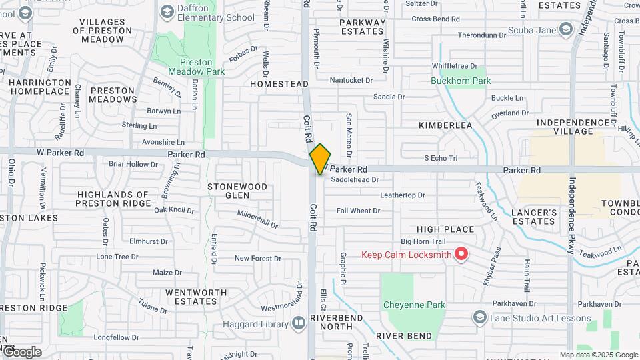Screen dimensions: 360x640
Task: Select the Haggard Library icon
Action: (299, 324)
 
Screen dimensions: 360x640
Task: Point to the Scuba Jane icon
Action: (566, 29)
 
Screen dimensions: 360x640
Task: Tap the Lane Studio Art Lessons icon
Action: (479, 318)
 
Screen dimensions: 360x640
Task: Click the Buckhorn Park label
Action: (460, 81)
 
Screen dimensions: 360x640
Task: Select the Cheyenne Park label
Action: (414, 305)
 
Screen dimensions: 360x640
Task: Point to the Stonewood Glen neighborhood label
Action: (237, 191)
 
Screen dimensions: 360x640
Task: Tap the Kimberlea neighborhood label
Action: (445, 125)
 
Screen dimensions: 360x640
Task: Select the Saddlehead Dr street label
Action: (355, 179)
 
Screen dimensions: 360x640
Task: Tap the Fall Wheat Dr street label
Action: (358, 211)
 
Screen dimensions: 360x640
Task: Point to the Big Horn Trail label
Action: (423, 241)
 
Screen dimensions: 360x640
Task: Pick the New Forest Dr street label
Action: (257, 258)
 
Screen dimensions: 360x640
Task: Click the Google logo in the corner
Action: (21, 351)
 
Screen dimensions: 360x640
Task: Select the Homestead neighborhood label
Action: (279, 84)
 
